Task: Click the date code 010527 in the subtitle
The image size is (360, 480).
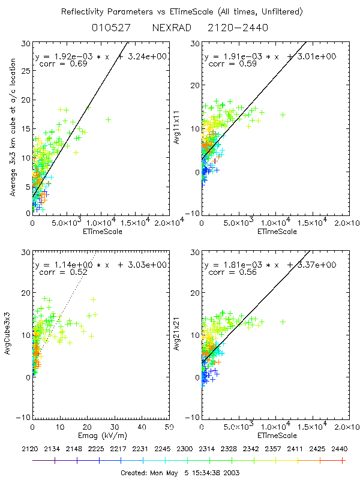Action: tap(108, 28)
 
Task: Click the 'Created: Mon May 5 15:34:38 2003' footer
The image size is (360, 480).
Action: tap(180, 472)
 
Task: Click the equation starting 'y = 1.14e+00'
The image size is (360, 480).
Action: tap(101, 264)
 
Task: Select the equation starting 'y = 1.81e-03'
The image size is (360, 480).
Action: tap(269, 264)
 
